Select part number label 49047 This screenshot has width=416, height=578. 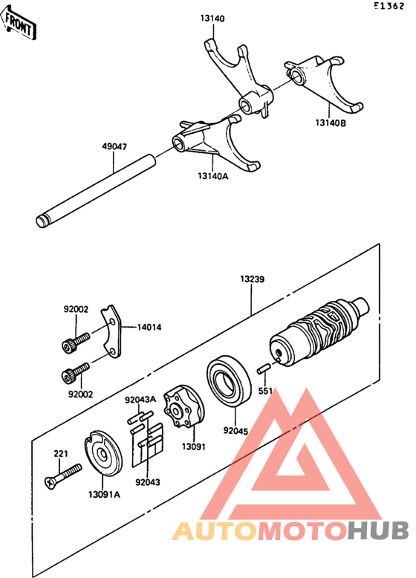click(114, 147)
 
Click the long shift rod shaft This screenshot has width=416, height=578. click(97, 189)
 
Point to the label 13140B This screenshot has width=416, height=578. click(329, 123)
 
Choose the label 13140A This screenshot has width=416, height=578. click(213, 175)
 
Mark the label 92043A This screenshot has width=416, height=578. click(140, 399)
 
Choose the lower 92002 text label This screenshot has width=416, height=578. click(80, 394)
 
